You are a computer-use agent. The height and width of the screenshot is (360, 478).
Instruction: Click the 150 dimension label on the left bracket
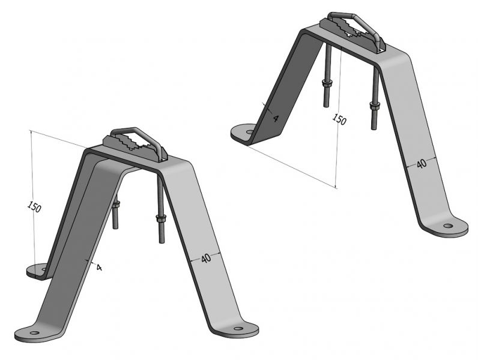pyautogui.click(x=34, y=207)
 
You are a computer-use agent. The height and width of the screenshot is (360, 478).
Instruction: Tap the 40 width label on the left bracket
pyautogui.click(x=206, y=259)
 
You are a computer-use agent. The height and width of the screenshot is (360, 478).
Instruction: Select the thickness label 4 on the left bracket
pyautogui.click(x=98, y=268)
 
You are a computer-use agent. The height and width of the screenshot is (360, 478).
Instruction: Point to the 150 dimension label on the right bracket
pyautogui.click(x=339, y=119)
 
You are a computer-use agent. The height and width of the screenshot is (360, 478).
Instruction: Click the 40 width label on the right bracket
pyautogui.click(x=422, y=164)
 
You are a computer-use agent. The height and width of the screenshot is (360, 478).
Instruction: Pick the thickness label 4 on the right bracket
pyautogui.click(x=275, y=118)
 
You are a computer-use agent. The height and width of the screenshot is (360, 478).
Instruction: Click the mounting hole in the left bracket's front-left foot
pyautogui.click(x=35, y=332)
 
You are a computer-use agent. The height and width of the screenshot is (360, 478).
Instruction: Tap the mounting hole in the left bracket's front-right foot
pyautogui.click(x=238, y=329)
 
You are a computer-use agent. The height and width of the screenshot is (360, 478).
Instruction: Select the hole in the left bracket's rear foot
pyautogui.click(x=44, y=269)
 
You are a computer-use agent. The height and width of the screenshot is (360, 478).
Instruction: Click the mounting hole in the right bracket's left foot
pyautogui.click(x=250, y=132)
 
